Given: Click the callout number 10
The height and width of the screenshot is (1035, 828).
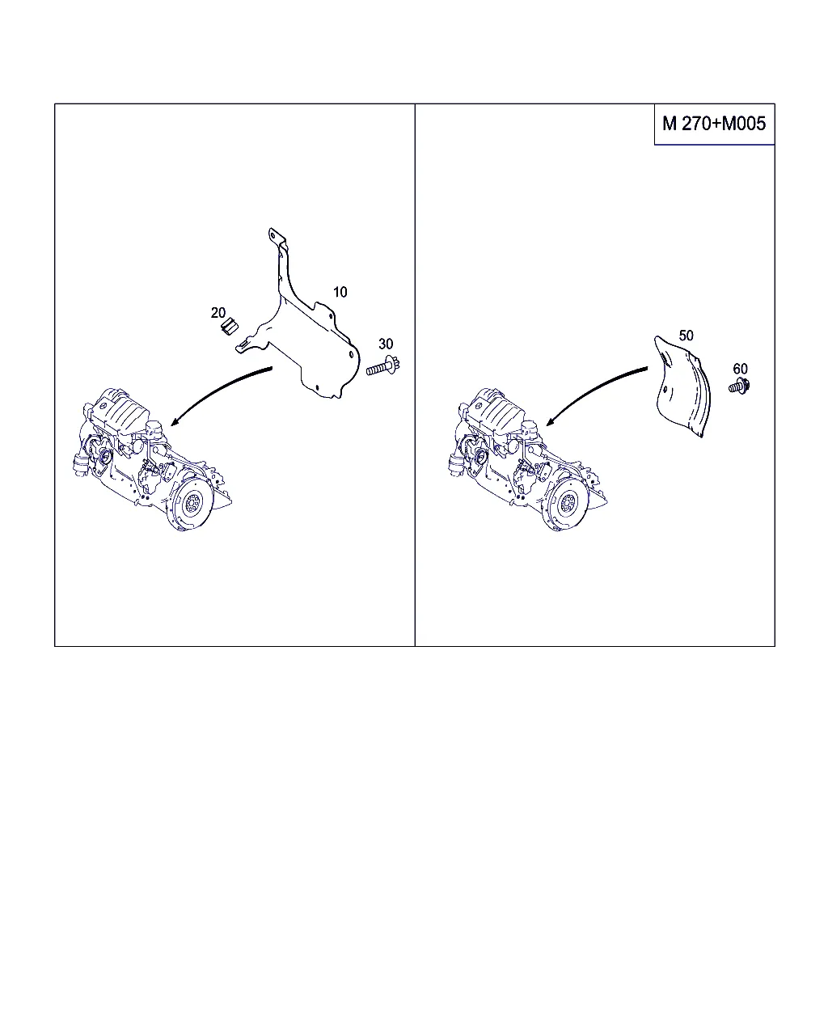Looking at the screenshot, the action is pos(340,292).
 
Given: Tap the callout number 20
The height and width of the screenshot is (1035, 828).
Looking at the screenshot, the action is pos(218,313).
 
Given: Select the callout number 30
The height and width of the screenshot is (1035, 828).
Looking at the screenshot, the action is pos(386,344).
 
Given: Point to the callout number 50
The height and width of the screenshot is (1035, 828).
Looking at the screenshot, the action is pos(686,336).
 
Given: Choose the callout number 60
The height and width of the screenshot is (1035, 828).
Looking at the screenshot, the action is pos(740,369).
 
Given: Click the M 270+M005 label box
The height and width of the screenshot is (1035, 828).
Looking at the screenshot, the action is pos(714,124).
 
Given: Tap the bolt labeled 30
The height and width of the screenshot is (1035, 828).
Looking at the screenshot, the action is pos(383,367).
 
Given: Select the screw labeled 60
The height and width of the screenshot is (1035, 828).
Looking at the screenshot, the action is pos(740,386).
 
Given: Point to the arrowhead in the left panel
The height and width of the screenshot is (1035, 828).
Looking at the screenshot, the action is pos(174,422).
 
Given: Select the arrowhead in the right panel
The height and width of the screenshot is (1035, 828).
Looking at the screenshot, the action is pos(549,422).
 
